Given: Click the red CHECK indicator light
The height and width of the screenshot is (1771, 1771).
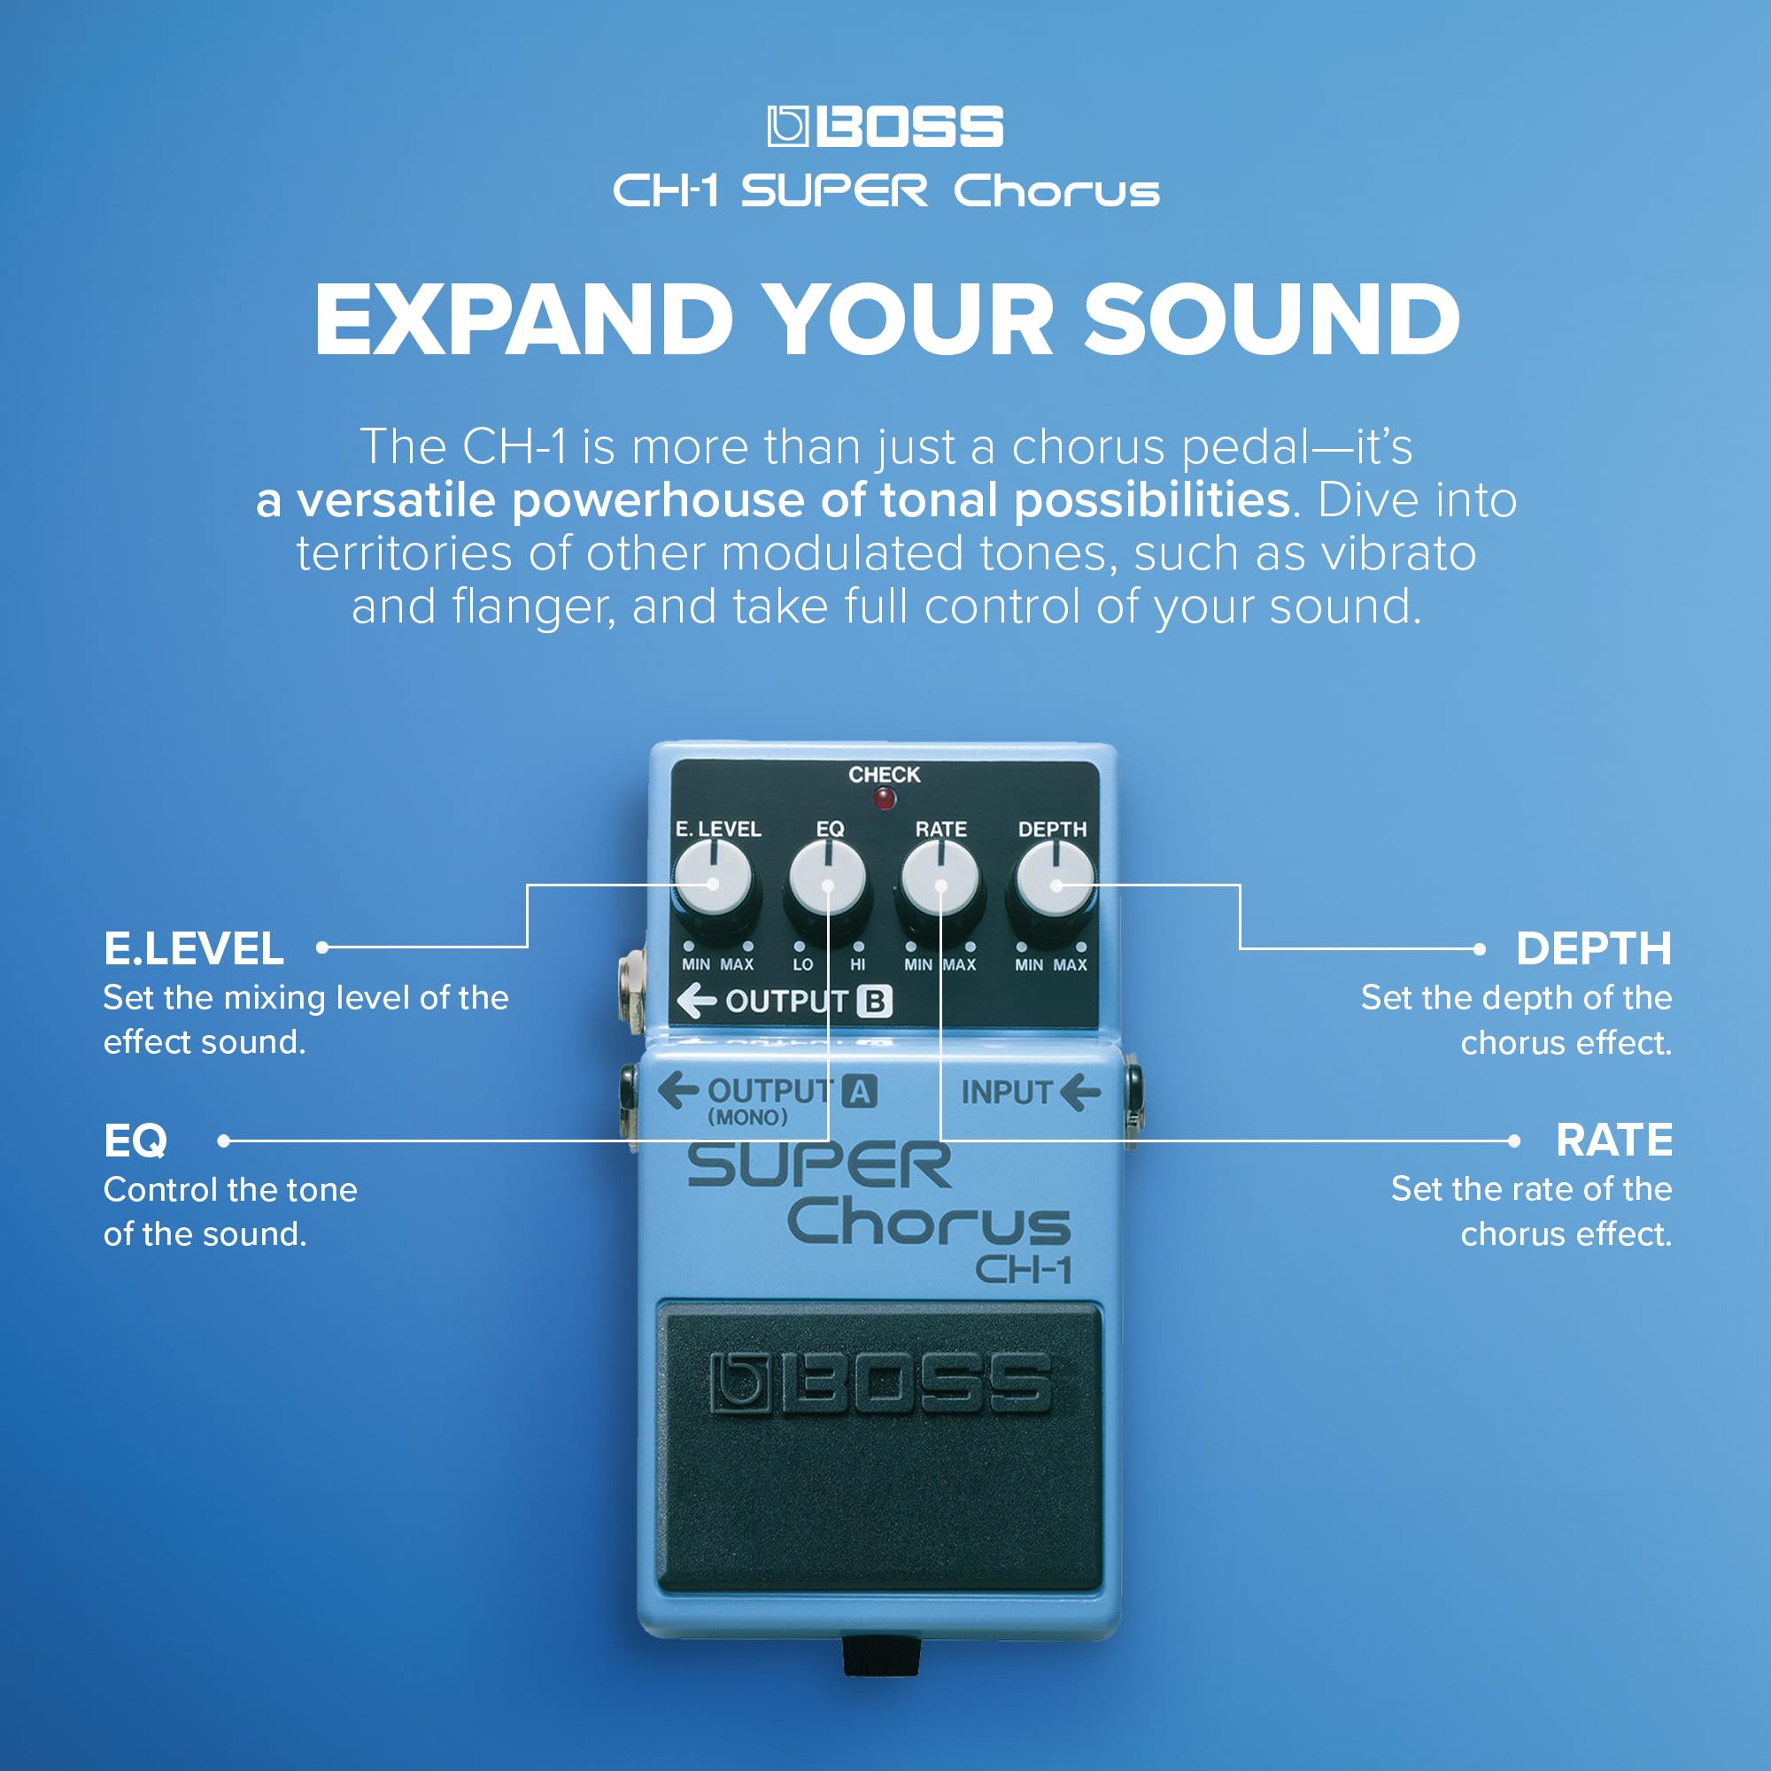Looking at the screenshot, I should (x=884, y=800).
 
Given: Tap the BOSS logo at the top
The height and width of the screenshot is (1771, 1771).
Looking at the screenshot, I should (x=885, y=127).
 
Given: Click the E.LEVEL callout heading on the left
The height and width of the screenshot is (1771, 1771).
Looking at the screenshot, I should (x=193, y=948).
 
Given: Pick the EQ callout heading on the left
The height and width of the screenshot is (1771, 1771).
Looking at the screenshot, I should (x=135, y=1141).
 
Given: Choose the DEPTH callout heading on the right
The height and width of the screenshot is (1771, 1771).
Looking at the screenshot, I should (x=1593, y=948).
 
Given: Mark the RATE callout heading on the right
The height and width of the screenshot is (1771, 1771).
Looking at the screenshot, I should (x=1613, y=1141).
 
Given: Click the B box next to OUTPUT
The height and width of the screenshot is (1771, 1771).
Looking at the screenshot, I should (x=875, y=1001).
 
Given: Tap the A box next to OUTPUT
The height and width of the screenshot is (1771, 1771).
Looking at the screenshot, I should (x=860, y=1092).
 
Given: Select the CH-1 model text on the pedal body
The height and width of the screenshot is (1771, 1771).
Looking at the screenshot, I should (x=1023, y=1270).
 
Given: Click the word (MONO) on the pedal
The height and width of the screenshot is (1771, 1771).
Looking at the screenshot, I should (x=747, y=1118).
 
